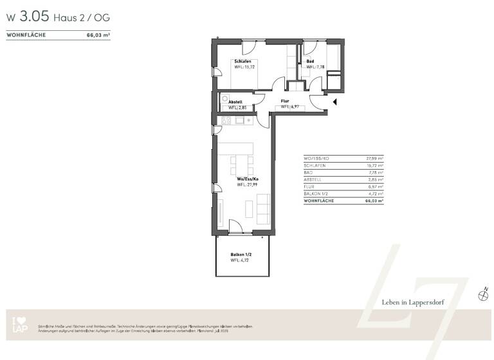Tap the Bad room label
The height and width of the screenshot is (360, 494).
(x=310, y=61)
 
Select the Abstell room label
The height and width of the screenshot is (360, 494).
(x=235, y=102)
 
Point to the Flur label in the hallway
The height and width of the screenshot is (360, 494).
(x=285, y=101)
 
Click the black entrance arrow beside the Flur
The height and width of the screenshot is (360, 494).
(x=334, y=101)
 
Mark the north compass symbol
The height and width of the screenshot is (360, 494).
(x=484, y=295)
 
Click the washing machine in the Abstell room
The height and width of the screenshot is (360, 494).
(x=224, y=100)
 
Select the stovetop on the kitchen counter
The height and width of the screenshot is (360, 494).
(x=226, y=120)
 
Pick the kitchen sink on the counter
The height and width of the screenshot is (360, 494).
(x=240, y=120)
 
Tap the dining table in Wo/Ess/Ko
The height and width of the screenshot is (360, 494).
(x=242, y=165)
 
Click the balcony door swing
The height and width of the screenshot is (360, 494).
(x=236, y=226)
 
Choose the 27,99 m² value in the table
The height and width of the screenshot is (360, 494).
(x=373, y=157)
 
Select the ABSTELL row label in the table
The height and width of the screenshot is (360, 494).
(x=313, y=179)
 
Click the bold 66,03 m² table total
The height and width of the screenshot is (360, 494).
(x=373, y=201)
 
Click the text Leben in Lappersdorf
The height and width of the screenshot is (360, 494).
(x=410, y=301)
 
